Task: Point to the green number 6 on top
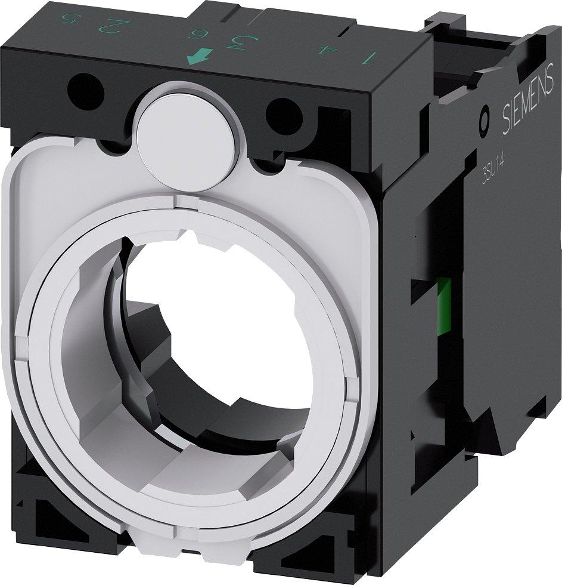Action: pos(195,33)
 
